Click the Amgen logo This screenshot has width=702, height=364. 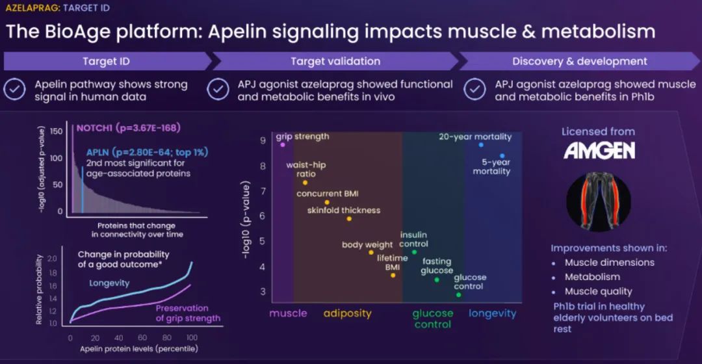click(599, 151)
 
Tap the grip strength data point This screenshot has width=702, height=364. click(283, 145)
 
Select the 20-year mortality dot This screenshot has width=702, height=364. click(481, 145)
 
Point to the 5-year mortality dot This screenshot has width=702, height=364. click(502, 156)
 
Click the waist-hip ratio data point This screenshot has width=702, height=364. click(305, 183)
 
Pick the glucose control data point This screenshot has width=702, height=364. click(458, 294)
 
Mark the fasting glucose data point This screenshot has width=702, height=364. click(437, 279)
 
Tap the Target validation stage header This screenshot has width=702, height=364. click(335, 61)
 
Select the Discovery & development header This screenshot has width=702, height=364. click(579, 61)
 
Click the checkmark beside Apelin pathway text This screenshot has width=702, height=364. click(14, 90)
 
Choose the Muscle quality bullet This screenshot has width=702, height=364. click(598, 291)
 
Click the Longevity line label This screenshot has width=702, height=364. click(109, 283)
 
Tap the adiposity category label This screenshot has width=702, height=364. click(347, 313)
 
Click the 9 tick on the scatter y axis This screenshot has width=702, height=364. click(262, 140)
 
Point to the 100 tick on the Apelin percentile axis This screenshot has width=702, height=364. click(190, 339)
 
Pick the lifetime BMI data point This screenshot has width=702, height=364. click(393, 275)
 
